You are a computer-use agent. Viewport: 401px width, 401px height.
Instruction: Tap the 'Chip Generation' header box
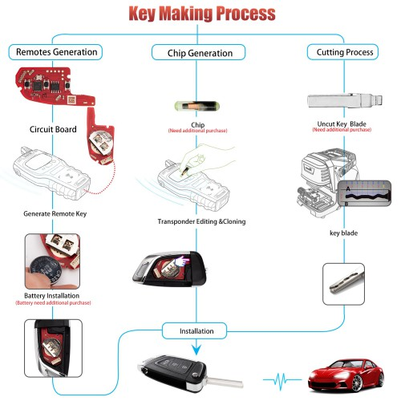200,53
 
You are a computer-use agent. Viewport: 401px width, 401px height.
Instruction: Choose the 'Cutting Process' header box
341,52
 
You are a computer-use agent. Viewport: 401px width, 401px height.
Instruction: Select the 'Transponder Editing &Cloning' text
201,221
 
